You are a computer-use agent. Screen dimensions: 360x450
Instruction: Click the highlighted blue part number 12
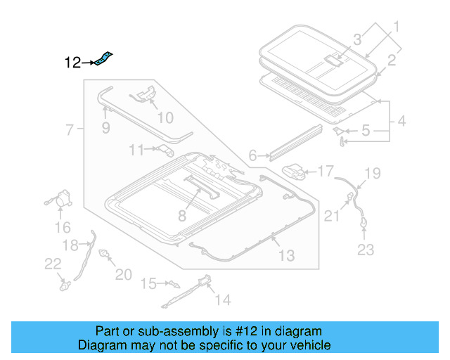coord(105,58)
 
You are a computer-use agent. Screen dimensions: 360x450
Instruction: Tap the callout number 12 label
coord(73,63)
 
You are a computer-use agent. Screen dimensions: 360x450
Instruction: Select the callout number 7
coord(70,129)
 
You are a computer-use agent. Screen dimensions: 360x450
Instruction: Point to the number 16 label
coord(63,227)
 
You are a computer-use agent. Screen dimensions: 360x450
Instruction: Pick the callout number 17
coord(326,171)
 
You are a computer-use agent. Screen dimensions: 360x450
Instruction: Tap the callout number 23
coord(366,248)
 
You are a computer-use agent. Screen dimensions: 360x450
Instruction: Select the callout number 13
coord(286,255)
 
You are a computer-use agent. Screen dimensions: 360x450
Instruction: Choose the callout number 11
coord(136,149)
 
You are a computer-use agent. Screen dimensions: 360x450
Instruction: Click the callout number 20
coord(123,274)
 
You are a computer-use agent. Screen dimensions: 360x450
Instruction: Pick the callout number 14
coord(221,300)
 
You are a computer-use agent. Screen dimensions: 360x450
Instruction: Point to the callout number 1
coord(395,28)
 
